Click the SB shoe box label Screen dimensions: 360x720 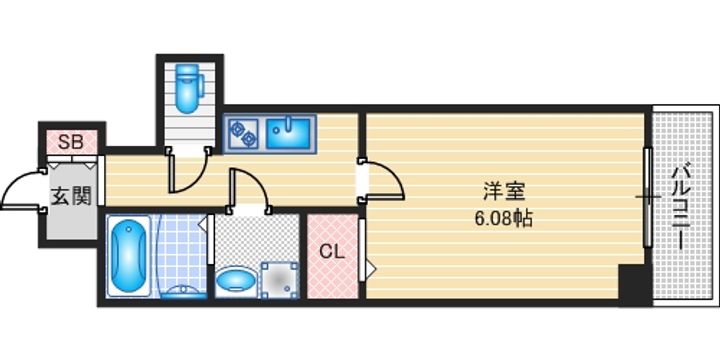click(x=71, y=140)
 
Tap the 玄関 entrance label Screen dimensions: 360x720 click(x=70, y=195)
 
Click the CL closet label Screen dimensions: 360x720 click(x=331, y=252)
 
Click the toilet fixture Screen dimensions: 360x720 click(x=187, y=88)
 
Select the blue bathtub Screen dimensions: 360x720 click(x=127, y=256)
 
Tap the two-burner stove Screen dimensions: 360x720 click(x=244, y=130)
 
